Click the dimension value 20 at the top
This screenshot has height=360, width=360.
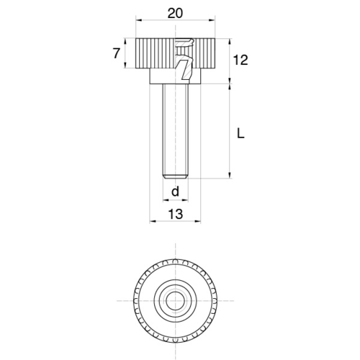(175, 13)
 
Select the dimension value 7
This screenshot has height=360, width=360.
(116, 53)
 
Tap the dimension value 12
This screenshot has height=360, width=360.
(240, 60)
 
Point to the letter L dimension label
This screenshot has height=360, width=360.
(240, 133)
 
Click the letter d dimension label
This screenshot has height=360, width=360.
(176, 192)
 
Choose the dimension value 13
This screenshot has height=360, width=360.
(176, 214)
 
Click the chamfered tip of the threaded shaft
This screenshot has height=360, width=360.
(176, 176)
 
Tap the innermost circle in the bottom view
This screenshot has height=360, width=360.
(176, 301)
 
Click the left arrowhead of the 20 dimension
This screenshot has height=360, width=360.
(139, 20)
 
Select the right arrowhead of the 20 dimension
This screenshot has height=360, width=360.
(212, 20)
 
